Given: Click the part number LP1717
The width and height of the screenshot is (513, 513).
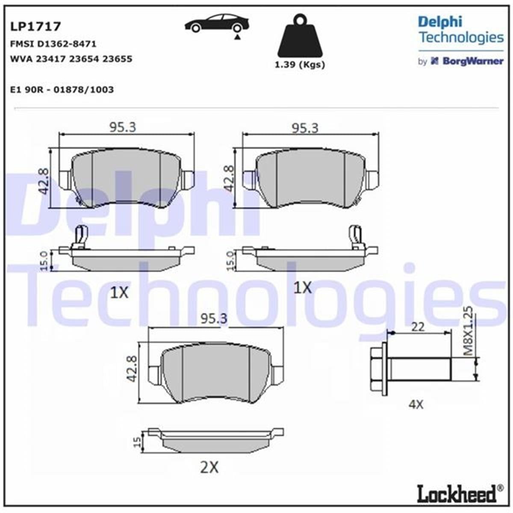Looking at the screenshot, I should pyautogui.click(x=35, y=27).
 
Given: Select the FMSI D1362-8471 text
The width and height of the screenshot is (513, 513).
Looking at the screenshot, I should pyautogui.click(x=53, y=44).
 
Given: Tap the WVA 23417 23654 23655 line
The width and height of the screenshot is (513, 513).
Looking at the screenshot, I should pyautogui.click(x=71, y=59).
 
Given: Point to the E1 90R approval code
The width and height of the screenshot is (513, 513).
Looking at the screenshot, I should pyautogui.click(x=62, y=90).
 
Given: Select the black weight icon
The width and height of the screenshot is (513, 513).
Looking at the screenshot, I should pyautogui.click(x=300, y=37).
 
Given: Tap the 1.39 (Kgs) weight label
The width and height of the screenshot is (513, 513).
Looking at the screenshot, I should pyautogui.click(x=299, y=65).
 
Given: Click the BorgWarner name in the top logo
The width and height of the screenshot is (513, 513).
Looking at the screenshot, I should pyautogui.click(x=472, y=61).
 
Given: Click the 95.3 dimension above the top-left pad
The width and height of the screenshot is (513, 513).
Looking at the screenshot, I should pyautogui.click(x=123, y=127).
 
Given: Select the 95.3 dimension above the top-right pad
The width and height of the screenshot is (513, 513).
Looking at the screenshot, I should pyautogui.click(x=305, y=128).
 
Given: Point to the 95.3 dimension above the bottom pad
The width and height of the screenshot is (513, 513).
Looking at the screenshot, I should pyautogui.click(x=214, y=318).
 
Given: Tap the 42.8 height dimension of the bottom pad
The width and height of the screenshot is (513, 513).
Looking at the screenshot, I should pyautogui.click(x=132, y=369).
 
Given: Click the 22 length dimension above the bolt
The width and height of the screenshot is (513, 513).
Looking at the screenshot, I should pyautogui.click(x=418, y=327).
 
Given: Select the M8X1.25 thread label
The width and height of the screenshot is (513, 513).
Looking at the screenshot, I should pyautogui.click(x=469, y=331).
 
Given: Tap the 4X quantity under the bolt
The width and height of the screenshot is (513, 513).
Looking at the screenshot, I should pyautogui.click(x=416, y=404).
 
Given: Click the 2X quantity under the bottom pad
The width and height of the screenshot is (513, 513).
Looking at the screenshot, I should pyautogui.click(x=209, y=468).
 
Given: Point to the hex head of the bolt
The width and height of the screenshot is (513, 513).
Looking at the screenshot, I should pyautogui.click(x=379, y=369).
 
